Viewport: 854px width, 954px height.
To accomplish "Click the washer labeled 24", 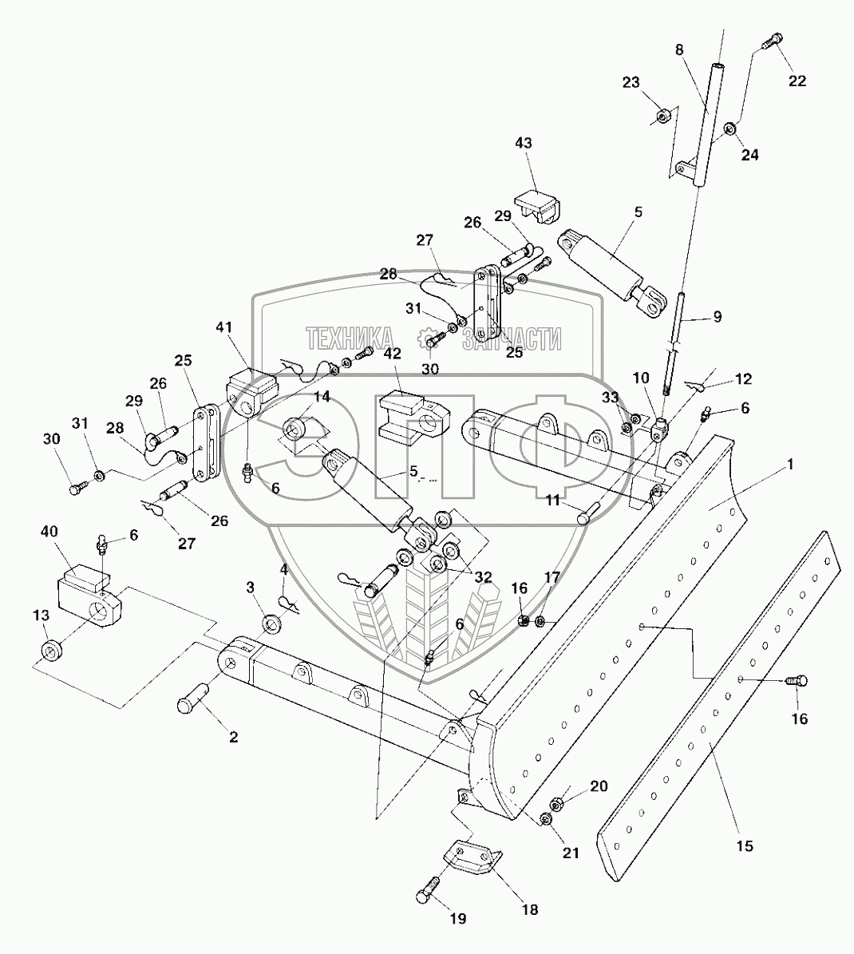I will click(730, 129).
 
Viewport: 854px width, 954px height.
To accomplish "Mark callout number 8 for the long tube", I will click(679, 49).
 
